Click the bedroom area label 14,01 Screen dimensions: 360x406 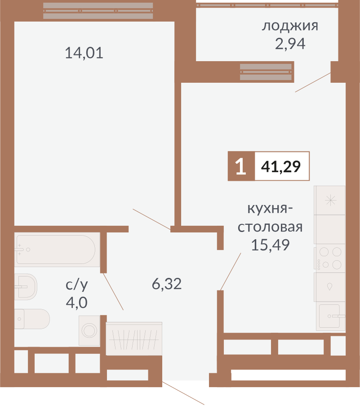tap(84, 53)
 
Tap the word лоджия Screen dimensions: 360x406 tap(290, 26)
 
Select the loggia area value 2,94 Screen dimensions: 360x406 tap(290, 44)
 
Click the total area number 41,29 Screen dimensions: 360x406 tap(281, 166)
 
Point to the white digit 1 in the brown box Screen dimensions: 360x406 tap(241, 166)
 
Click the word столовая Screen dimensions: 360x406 tap(270, 227)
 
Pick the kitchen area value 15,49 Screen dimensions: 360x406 tap(270, 245)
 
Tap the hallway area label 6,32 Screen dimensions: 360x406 tap(167, 284)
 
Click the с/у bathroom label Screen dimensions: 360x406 tap(76, 285)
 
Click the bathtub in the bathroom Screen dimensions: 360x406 tap(57, 250)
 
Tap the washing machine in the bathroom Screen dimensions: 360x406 tap(89, 330)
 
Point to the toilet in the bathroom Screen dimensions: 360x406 tap(32, 319)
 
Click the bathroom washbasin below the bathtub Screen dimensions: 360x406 tap(26, 287)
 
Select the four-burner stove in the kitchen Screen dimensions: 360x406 tap(329, 259)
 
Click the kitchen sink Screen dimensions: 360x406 tap(331, 316)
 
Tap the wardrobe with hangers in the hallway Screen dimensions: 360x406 tap(134, 339)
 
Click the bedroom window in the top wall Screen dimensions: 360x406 tap(98, 11)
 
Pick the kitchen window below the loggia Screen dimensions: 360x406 tap(266, 72)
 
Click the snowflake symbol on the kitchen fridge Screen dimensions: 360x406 tap(331, 201)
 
